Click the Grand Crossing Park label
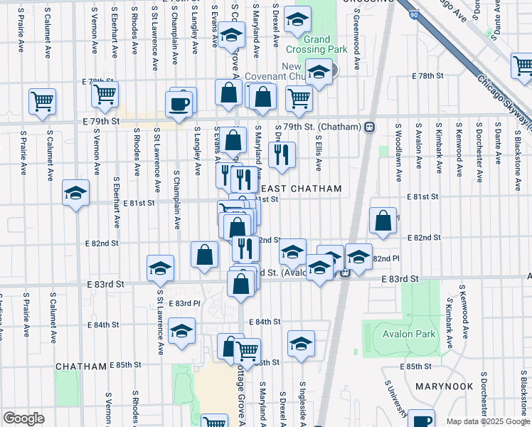[316, 44]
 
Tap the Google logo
[23, 418]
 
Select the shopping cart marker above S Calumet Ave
[42, 100]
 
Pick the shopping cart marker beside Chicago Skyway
[522, 65]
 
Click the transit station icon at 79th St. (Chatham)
[369, 127]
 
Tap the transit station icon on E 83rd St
[345, 273]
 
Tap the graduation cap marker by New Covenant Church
[319, 72]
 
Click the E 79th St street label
[102, 122]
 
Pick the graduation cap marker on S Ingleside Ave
[302, 343]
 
